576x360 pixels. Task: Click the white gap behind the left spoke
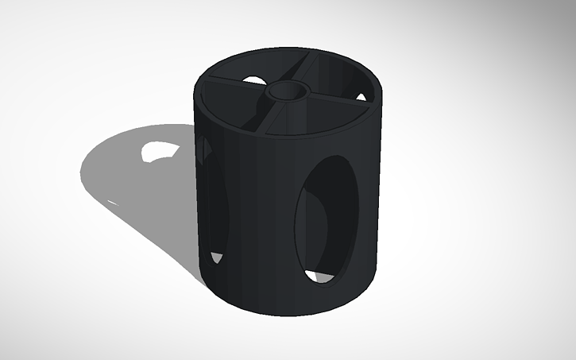254,79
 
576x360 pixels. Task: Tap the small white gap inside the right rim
361,97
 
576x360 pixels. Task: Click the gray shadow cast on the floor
135,183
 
